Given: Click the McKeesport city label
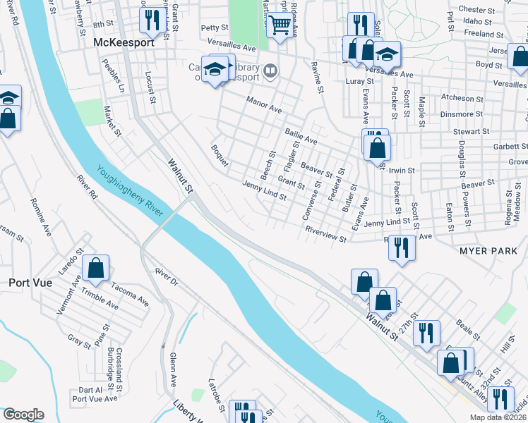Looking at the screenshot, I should (x=119, y=42).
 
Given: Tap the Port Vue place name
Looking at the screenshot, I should (x=28, y=282).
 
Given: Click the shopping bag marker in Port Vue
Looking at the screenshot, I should (x=96, y=269).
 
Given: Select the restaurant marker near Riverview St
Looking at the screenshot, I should (x=401, y=248).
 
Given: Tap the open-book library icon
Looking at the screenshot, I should (x=270, y=70).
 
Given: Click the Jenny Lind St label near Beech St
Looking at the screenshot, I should (x=264, y=191).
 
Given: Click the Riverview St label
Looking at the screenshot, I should (x=325, y=235).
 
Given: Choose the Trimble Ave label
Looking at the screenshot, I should (x=100, y=298).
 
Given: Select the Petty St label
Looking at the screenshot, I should (x=215, y=28).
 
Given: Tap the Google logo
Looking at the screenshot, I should (x=23, y=415).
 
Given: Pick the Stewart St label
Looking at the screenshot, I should (x=471, y=132).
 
